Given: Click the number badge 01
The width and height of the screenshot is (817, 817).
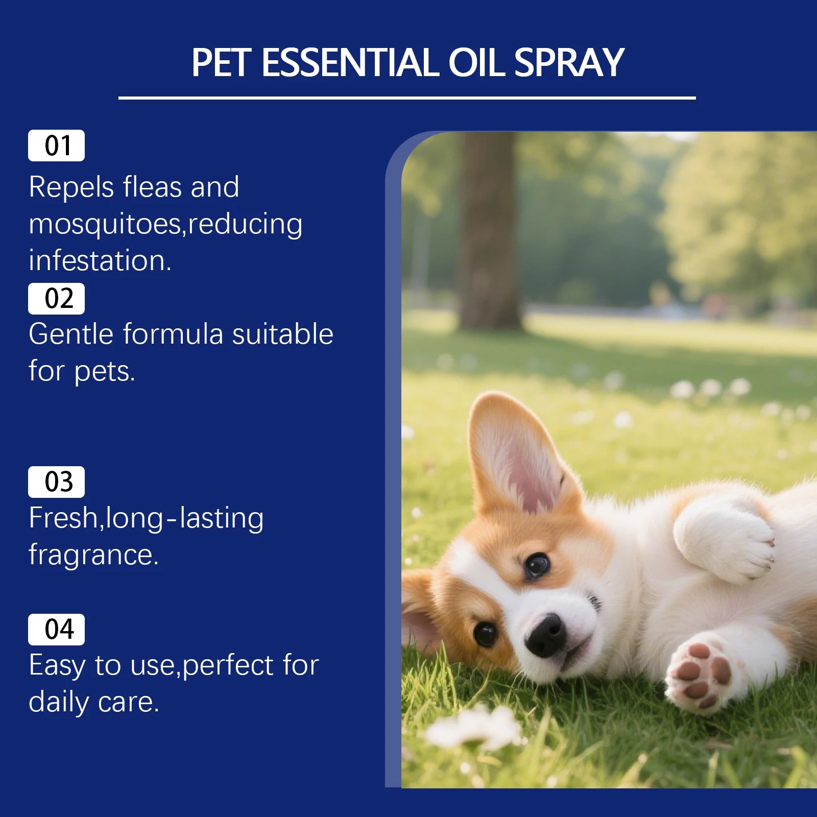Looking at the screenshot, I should [56, 146].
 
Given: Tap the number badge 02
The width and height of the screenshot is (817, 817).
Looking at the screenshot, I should [56, 299].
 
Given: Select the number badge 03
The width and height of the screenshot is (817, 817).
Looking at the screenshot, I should [56, 482].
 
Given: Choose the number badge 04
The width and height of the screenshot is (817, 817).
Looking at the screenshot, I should [56, 630].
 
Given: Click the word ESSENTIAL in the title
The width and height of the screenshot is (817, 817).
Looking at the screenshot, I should [350, 63].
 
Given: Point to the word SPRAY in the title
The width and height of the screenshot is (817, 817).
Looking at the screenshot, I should [569, 63].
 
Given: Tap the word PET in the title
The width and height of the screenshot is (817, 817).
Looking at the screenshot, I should [221, 63].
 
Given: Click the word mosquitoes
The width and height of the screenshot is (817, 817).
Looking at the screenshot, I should [105, 224].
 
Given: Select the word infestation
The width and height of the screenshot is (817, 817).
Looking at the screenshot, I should [100, 261].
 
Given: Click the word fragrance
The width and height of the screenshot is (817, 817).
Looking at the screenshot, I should [93, 555].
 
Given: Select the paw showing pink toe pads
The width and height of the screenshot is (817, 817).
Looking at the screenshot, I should [700, 671].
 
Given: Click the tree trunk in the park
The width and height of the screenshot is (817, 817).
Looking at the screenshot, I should [489, 230].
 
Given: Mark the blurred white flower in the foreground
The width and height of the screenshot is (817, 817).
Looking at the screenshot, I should [472, 728].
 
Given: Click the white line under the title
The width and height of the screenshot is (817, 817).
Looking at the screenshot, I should [407, 98].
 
